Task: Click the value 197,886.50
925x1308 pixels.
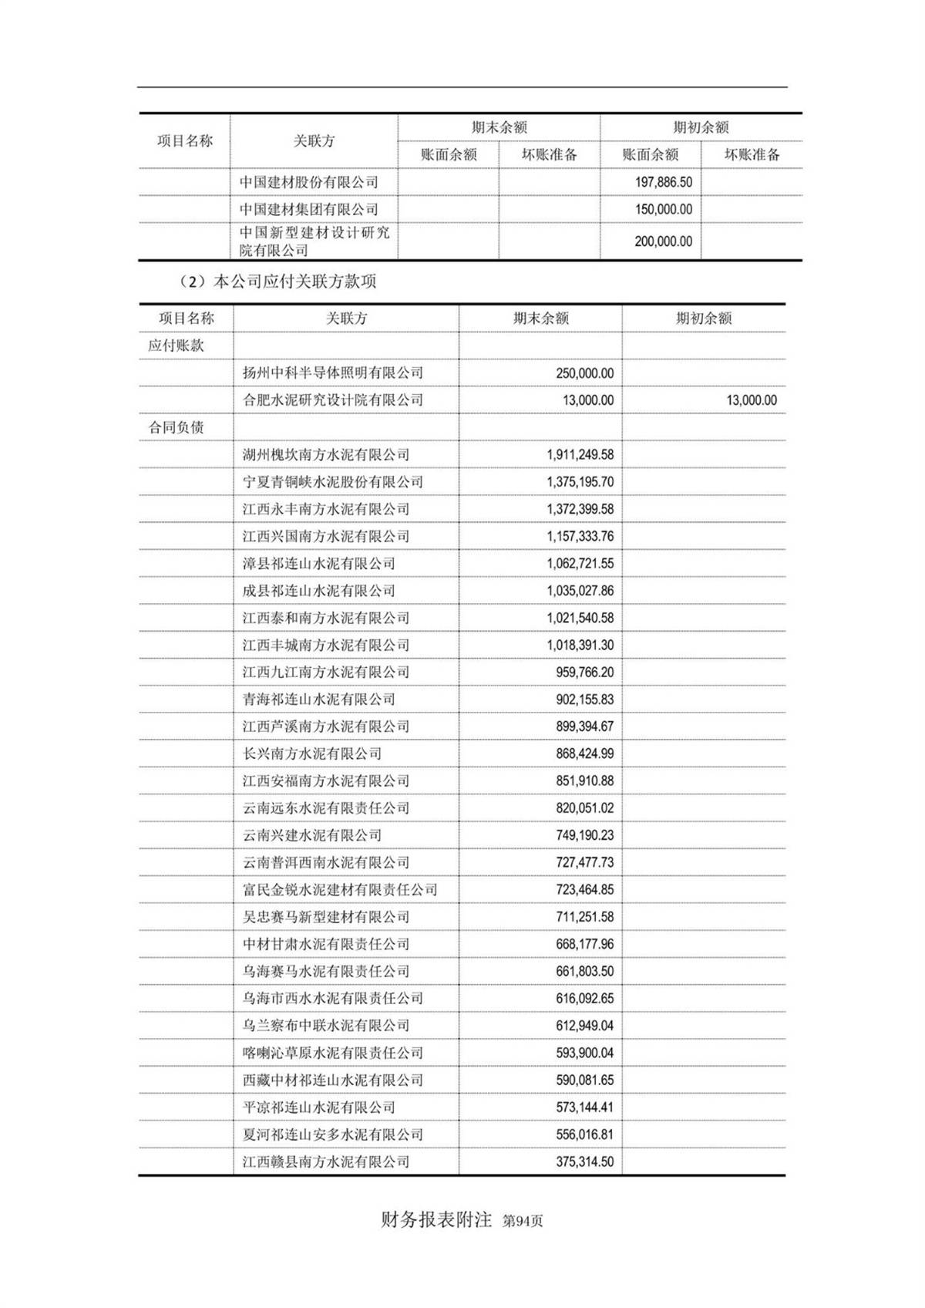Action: click(663, 182)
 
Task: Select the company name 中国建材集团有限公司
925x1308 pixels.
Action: click(308, 209)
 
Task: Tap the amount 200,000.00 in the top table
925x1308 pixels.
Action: click(663, 241)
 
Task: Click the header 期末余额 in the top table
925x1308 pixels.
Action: click(499, 127)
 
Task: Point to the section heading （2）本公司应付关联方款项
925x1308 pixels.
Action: click(277, 282)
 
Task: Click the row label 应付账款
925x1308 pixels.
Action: click(176, 346)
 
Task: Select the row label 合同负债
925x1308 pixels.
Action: click(176, 427)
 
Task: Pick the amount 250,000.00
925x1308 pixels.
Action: click(584, 373)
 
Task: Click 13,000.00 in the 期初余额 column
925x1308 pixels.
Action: click(751, 400)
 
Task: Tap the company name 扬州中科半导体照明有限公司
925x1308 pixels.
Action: click(332, 373)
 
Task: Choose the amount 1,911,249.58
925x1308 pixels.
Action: click(580, 455)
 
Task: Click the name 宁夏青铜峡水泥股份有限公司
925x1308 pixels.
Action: click(332, 482)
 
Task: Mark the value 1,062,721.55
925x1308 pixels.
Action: click(580, 564)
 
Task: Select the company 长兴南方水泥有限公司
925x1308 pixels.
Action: click(311, 753)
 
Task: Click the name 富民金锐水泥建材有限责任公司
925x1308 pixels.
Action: click(339, 890)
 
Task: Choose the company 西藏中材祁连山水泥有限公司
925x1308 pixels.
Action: click(332, 1080)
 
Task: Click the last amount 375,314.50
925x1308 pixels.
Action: click(584, 1161)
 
